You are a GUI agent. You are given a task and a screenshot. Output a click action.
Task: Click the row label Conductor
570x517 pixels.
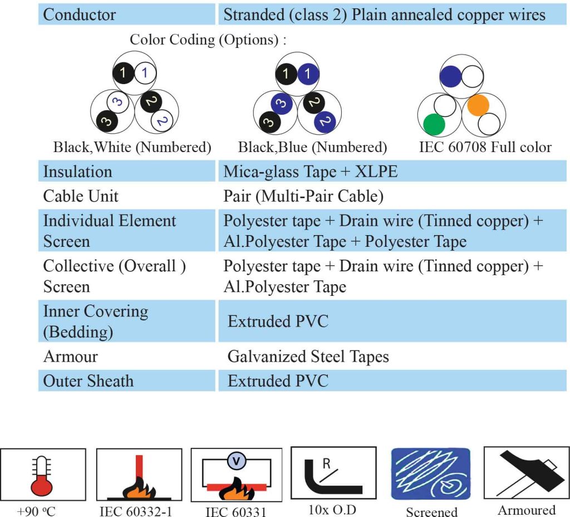[x=79, y=14]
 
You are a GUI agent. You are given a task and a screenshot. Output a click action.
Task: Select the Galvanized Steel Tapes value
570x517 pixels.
[x=308, y=357]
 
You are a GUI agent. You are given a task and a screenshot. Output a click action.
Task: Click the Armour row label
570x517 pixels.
[x=71, y=357]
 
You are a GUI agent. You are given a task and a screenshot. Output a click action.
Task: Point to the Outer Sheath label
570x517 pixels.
[x=89, y=381]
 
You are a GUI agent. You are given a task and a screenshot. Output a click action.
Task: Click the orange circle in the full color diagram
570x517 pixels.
[x=478, y=105]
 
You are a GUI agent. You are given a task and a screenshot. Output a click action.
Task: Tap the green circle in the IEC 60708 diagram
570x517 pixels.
[x=434, y=124]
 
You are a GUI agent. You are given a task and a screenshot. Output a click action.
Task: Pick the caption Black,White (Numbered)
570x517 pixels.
[x=132, y=147]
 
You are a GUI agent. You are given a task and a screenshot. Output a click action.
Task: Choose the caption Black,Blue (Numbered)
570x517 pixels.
[x=313, y=147]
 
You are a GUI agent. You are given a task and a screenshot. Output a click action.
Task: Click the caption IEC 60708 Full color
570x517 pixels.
[x=485, y=147]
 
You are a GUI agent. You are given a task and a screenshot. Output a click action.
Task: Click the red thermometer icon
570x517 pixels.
[x=42, y=476]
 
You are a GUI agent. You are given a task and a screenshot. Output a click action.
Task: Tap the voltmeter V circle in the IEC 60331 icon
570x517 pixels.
[x=237, y=461]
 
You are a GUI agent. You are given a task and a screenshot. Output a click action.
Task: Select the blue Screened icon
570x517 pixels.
[x=431, y=474]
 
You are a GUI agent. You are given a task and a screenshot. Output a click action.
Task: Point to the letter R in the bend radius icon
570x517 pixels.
[x=326, y=464]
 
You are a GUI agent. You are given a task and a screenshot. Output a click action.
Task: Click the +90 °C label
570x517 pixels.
[x=36, y=511]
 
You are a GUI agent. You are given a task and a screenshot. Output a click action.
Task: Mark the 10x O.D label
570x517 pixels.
[x=332, y=510]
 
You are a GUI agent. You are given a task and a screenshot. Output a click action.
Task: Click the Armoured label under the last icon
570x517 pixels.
[x=527, y=510]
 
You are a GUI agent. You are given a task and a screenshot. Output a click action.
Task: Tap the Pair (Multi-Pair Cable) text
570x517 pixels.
[x=303, y=196]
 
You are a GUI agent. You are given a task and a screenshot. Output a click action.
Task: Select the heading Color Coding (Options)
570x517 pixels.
[x=208, y=40]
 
